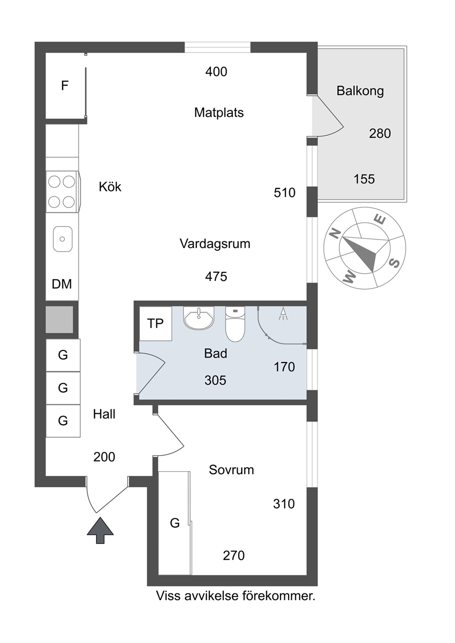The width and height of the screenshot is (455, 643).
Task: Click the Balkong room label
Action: (360, 91)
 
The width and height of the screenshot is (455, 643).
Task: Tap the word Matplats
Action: (219, 113)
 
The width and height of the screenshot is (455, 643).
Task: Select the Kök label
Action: (110, 187)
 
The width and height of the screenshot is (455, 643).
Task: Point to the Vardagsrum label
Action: (215, 244)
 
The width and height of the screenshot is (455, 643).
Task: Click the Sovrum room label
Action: (231, 470)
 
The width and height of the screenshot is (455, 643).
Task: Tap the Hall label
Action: (104, 414)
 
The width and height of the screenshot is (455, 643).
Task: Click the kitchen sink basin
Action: (63, 239)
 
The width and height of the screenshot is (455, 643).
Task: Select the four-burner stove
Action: (62, 192)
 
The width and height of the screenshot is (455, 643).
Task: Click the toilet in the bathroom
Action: (235, 324)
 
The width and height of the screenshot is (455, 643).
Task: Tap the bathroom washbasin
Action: (199, 318)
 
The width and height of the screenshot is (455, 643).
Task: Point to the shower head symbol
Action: (283, 313)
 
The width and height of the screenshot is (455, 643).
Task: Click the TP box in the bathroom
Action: (155, 324)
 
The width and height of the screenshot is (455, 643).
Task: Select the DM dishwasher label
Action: (62, 284)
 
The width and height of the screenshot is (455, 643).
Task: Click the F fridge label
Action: (65, 86)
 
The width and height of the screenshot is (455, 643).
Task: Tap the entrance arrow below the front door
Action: (100, 530)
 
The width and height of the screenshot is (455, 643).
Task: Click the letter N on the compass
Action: (335, 234)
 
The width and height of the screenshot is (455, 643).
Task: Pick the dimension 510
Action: (284, 192)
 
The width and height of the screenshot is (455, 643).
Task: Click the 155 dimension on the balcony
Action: (364, 179)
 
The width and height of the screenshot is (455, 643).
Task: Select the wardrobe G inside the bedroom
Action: (175, 523)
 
